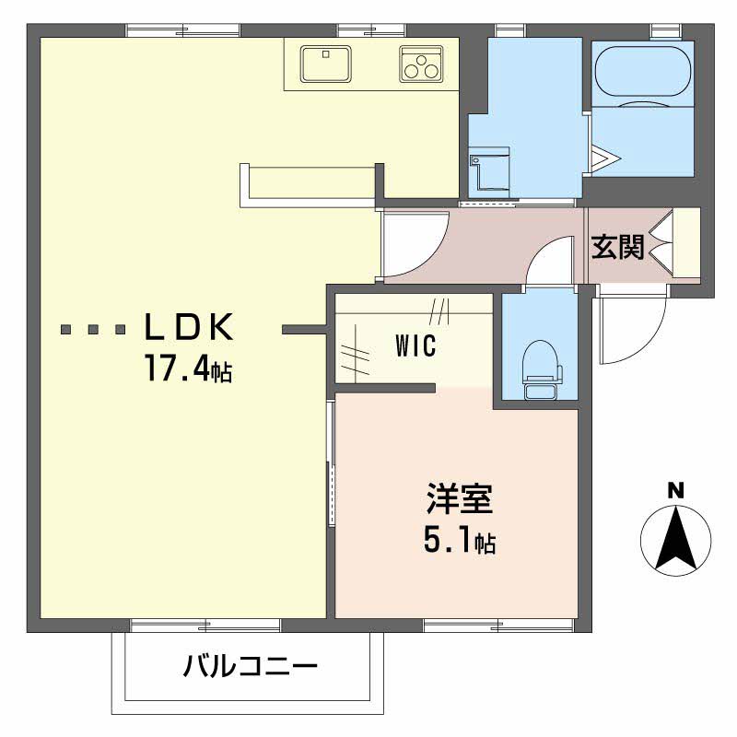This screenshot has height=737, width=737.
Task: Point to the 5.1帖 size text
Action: (459, 541)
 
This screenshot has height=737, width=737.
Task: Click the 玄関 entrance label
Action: (617, 247)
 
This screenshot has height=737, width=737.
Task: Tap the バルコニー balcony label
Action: (250, 665)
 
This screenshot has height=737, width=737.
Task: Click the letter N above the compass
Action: (675, 490)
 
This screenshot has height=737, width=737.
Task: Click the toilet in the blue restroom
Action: (540, 368)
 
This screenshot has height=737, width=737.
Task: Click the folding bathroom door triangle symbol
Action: (599, 160)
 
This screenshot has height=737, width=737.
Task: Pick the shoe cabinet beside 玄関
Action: (687, 244)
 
